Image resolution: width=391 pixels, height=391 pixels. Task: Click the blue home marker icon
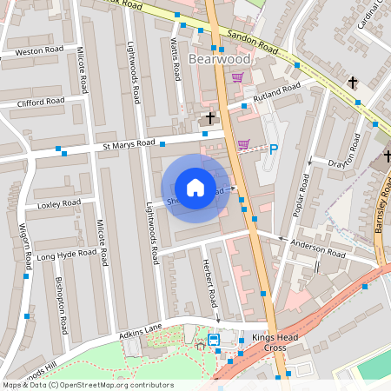pos(195,188)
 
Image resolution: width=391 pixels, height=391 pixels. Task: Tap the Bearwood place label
pos(219,59)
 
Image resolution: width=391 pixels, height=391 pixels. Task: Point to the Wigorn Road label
pos(25,246)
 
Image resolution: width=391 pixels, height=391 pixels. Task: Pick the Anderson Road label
pos(319,249)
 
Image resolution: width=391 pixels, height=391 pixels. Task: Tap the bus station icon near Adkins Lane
pos(214,340)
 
